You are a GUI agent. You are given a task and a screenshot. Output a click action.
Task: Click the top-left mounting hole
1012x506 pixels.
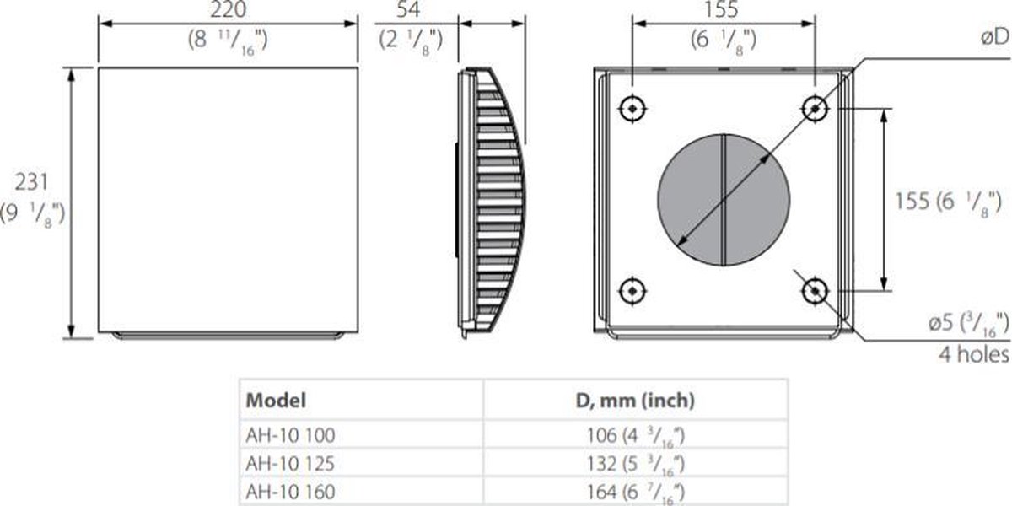point(632,108)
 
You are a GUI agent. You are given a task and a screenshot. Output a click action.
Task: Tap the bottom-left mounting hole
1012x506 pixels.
point(632,291)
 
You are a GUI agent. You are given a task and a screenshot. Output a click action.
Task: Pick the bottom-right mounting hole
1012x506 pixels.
point(815,291)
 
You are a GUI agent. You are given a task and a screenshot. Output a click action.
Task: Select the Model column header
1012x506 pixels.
point(276,401)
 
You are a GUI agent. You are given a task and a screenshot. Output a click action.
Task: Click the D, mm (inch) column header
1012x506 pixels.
point(635,401)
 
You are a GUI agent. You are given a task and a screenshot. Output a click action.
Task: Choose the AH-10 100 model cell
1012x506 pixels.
point(290,436)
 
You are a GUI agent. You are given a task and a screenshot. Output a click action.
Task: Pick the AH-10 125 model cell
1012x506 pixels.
point(290,462)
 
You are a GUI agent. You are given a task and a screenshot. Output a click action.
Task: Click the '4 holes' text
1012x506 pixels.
point(973,355)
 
